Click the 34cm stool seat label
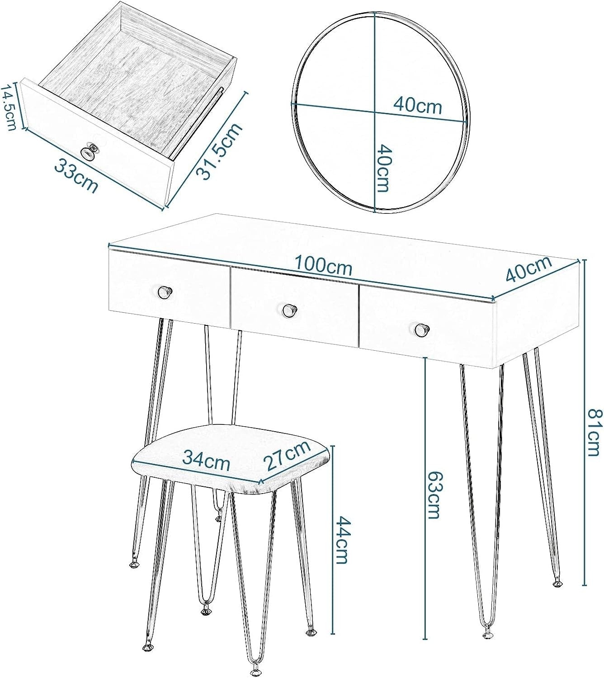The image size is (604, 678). click(x=206, y=460)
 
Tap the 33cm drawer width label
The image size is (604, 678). click(x=76, y=175)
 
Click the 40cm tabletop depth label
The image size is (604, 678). click(x=528, y=269)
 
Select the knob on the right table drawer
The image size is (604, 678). click(x=421, y=330)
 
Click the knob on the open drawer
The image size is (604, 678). click(x=89, y=151)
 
